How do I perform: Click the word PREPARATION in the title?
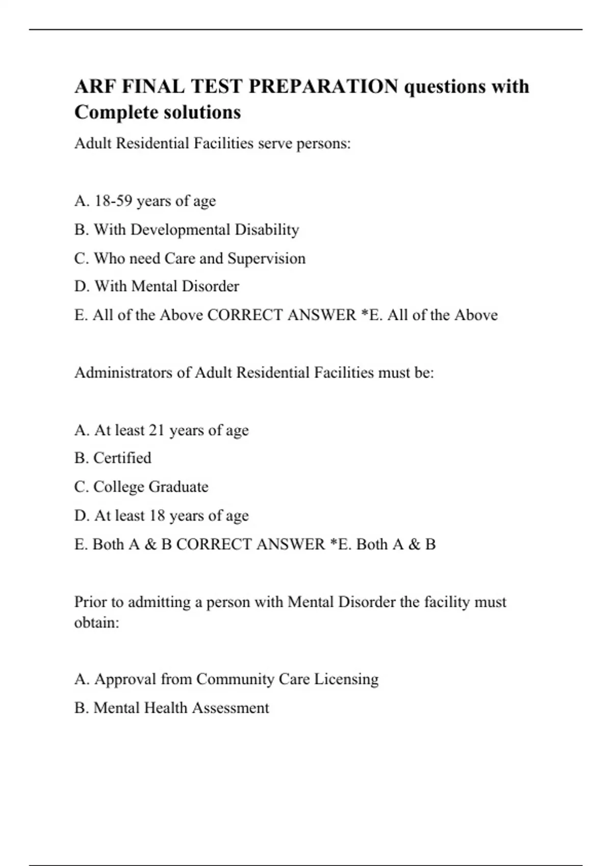click(323, 86)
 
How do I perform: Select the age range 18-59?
click(113, 201)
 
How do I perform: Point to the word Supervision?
click(266, 258)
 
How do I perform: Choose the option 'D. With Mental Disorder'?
click(157, 286)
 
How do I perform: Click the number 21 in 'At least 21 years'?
click(157, 430)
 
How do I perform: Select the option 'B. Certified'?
click(113, 458)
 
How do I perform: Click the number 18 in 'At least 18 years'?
click(157, 516)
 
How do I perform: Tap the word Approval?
click(125, 680)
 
